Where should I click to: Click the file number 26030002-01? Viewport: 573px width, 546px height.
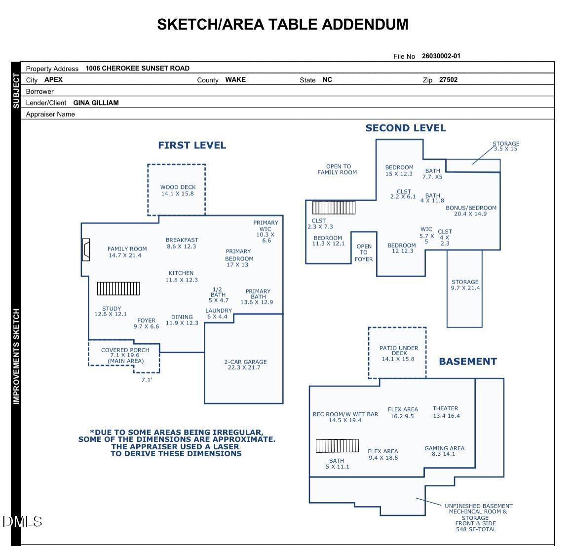click(441, 56)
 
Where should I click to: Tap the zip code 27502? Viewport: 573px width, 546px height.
click(448, 79)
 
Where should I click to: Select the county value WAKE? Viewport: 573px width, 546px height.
click(235, 79)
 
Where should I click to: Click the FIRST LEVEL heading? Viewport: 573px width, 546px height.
click(192, 145)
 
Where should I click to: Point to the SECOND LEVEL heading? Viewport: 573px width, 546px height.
click(405, 128)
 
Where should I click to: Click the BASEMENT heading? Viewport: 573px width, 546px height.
click(467, 362)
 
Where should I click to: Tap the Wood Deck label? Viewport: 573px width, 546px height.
click(178, 190)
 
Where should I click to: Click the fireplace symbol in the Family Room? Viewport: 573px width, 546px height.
click(86, 250)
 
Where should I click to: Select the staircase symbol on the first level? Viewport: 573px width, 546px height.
click(118, 289)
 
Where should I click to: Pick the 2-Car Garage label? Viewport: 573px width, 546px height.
click(245, 364)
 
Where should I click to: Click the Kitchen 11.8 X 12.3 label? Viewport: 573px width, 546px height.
click(181, 276)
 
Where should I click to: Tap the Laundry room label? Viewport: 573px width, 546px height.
click(218, 314)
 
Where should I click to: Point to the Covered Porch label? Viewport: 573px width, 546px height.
click(125, 355)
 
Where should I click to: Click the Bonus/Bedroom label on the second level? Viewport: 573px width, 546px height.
click(471, 211)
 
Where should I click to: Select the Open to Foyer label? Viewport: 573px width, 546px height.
click(364, 253)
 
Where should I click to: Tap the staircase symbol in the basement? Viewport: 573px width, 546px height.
click(337, 446)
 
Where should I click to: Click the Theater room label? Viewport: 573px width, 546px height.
click(446, 412)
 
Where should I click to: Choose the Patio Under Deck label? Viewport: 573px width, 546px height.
click(398, 353)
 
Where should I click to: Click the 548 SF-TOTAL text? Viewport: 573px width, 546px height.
click(476, 529)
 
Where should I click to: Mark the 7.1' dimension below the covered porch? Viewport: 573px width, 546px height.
click(147, 380)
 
